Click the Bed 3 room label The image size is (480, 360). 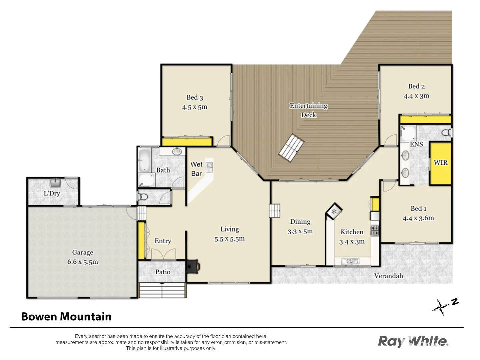point(195,97)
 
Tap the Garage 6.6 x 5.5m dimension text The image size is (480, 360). point(83,262)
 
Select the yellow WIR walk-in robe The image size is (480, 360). point(440,163)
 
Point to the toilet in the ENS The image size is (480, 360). point(446,132)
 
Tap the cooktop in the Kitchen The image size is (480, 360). point(375,230)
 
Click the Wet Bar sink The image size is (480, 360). point(209,167)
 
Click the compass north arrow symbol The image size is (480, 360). point(441,307)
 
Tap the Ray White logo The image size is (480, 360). point(413,341)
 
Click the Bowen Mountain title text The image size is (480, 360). point(66,316)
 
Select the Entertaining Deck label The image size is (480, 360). point(308,110)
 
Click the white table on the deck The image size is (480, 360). point(291,148)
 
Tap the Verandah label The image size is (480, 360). point(388,276)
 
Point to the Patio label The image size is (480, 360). point(163,272)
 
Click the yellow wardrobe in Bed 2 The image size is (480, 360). point(425,119)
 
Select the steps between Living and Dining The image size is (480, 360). point(275,211)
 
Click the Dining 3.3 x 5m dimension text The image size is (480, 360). point(300,231)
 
